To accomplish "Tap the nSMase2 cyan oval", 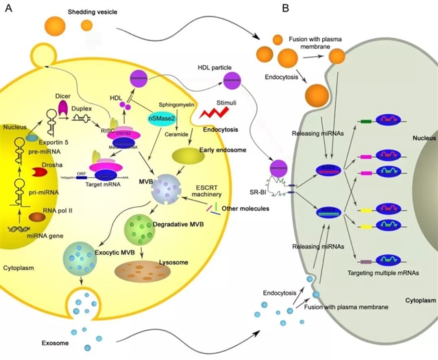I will pos(160,119).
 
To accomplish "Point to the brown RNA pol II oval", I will pos(38,217).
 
